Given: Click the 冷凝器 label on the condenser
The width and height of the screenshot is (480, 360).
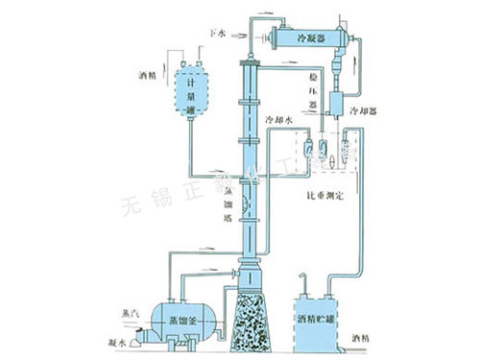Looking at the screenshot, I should [x=318, y=38].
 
